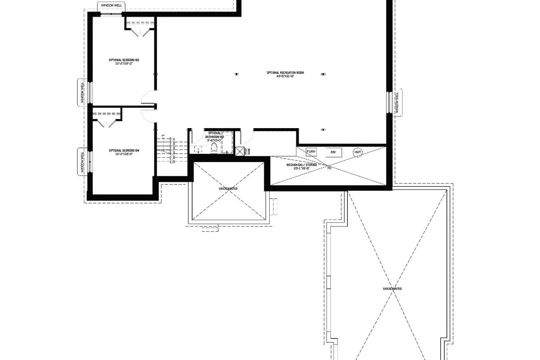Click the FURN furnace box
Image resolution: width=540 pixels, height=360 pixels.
pyautogui.click(x=311, y=152)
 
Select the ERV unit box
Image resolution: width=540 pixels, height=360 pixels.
pyautogui.click(x=333, y=152)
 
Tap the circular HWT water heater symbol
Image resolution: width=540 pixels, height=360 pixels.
pyautogui.click(x=357, y=152)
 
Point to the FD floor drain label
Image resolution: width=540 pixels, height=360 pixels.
pyautogui.click(x=329, y=168)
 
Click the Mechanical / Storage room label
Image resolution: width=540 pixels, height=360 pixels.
pyautogui.click(x=302, y=166)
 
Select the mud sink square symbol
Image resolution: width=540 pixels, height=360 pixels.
pyautogui.click(x=240, y=151)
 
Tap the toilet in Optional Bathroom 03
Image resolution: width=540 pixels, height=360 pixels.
pyautogui.click(x=215, y=148)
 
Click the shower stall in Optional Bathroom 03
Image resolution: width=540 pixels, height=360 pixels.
pyautogui.click(x=227, y=143)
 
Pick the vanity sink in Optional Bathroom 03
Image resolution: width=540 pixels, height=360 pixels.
pyautogui.click(x=198, y=149)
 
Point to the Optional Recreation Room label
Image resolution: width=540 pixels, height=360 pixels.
pyautogui.click(x=285, y=75)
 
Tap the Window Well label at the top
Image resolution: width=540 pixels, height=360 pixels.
pyautogui.click(x=111, y=6)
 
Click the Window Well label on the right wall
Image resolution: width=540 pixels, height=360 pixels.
pyautogui.click(x=397, y=103)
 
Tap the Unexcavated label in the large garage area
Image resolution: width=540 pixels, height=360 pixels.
pyautogui.click(x=392, y=289)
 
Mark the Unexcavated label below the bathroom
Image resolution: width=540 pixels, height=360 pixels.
pyautogui.click(x=228, y=189)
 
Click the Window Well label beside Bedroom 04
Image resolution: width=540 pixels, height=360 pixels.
pyautogui.click(x=82, y=162)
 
